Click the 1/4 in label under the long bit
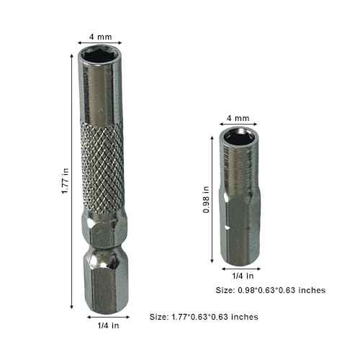[108, 325]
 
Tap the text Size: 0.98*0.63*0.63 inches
[271, 290]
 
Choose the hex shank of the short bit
[238, 230]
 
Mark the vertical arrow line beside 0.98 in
[215, 199]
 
